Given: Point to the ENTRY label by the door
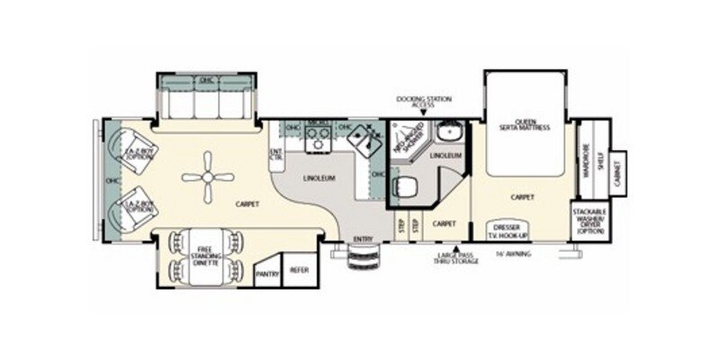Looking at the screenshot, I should [x=363, y=238].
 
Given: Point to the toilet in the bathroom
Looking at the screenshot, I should [x=405, y=189].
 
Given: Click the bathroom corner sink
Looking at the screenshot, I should [x=446, y=131].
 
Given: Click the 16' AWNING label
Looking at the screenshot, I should [x=513, y=254].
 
